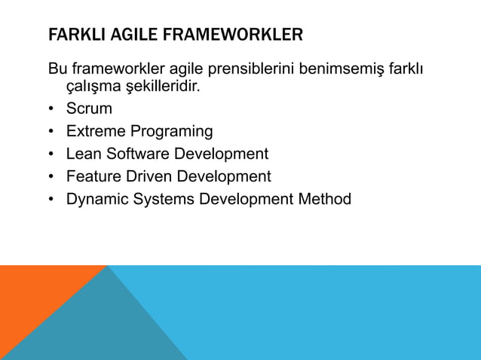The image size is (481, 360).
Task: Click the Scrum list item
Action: tap(89, 109)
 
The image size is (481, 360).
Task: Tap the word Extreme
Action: tap(94, 132)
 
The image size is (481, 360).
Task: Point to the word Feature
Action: tap(93, 177)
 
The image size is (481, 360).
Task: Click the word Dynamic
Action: tap(95, 200)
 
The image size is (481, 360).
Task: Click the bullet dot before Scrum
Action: tap(51, 109)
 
